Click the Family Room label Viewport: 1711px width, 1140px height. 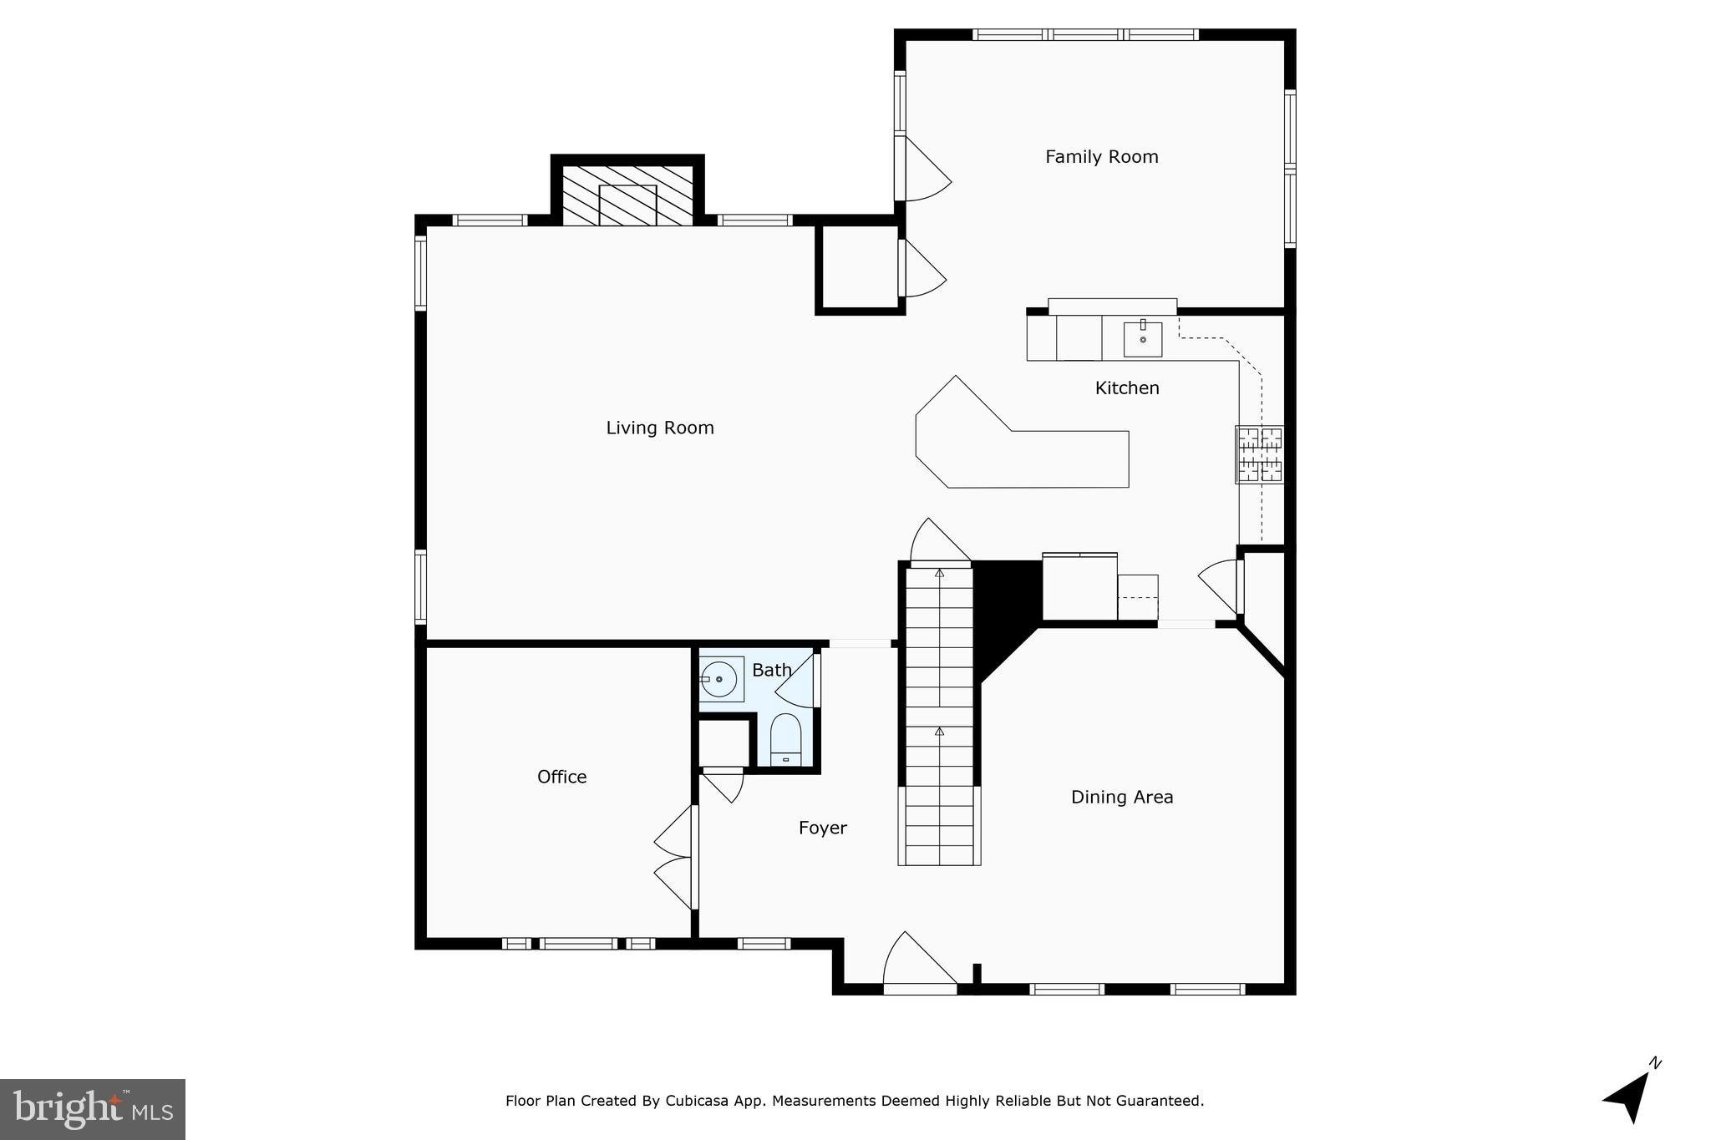(x=1101, y=157)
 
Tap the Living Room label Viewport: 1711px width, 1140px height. (x=659, y=428)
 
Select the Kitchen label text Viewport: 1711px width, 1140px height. (x=1126, y=388)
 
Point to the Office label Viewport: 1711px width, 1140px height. (x=561, y=778)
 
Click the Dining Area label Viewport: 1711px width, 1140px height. (x=1121, y=798)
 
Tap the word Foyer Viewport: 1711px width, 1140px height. (x=822, y=828)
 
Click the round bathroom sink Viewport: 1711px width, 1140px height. (x=719, y=679)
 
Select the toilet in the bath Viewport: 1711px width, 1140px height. (x=785, y=739)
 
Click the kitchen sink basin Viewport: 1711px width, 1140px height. (x=1142, y=339)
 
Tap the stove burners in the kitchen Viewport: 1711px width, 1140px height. (x=1259, y=455)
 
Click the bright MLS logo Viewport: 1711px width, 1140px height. (x=92, y=1109)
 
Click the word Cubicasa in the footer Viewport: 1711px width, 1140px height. (x=698, y=1102)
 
